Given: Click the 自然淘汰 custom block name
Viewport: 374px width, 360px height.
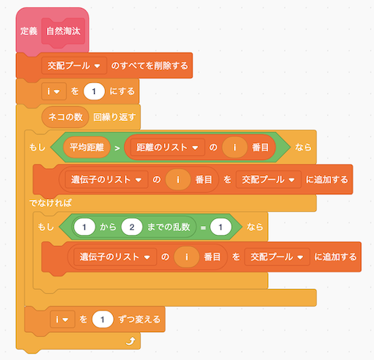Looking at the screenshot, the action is click(x=63, y=31).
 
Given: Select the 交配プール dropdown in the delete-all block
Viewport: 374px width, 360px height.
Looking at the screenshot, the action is click(x=74, y=65).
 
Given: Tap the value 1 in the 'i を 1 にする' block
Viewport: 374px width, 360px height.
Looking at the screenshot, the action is click(x=94, y=92).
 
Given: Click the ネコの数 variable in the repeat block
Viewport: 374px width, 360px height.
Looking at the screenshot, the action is click(x=65, y=117).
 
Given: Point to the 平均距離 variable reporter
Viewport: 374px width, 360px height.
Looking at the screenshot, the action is click(x=87, y=147).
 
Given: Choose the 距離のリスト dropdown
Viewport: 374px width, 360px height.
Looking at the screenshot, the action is click(x=167, y=147).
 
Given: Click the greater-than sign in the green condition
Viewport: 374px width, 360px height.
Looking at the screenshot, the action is click(x=117, y=148).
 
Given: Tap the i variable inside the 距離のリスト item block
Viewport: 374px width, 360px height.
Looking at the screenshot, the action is click(x=235, y=147).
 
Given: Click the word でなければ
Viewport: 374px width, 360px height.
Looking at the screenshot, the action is click(x=50, y=203).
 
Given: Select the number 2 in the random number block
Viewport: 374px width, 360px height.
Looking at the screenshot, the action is click(x=132, y=227).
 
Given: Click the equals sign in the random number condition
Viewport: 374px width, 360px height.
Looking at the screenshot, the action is click(x=203, y=228).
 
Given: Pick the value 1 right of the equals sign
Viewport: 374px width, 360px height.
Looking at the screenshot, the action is click(x=220, y=227).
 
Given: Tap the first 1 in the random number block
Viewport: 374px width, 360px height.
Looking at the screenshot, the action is click(x=84, y=227).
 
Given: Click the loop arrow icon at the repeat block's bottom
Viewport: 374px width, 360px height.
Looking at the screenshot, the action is click(x=131, y=341).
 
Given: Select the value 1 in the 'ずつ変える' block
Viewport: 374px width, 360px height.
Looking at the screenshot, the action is click(x=103, y=319).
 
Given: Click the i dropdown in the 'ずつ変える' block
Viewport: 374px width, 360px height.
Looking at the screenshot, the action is click(x=62, y=319).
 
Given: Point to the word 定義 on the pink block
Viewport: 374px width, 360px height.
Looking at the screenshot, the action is click(x=29, y=31).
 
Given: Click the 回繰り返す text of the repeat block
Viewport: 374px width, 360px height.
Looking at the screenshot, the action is click(x=115, y=117).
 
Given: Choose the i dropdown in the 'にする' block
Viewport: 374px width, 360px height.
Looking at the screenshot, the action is click(x=54, y=92).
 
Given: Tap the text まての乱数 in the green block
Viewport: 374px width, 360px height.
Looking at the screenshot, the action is click(x=169, y=227).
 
